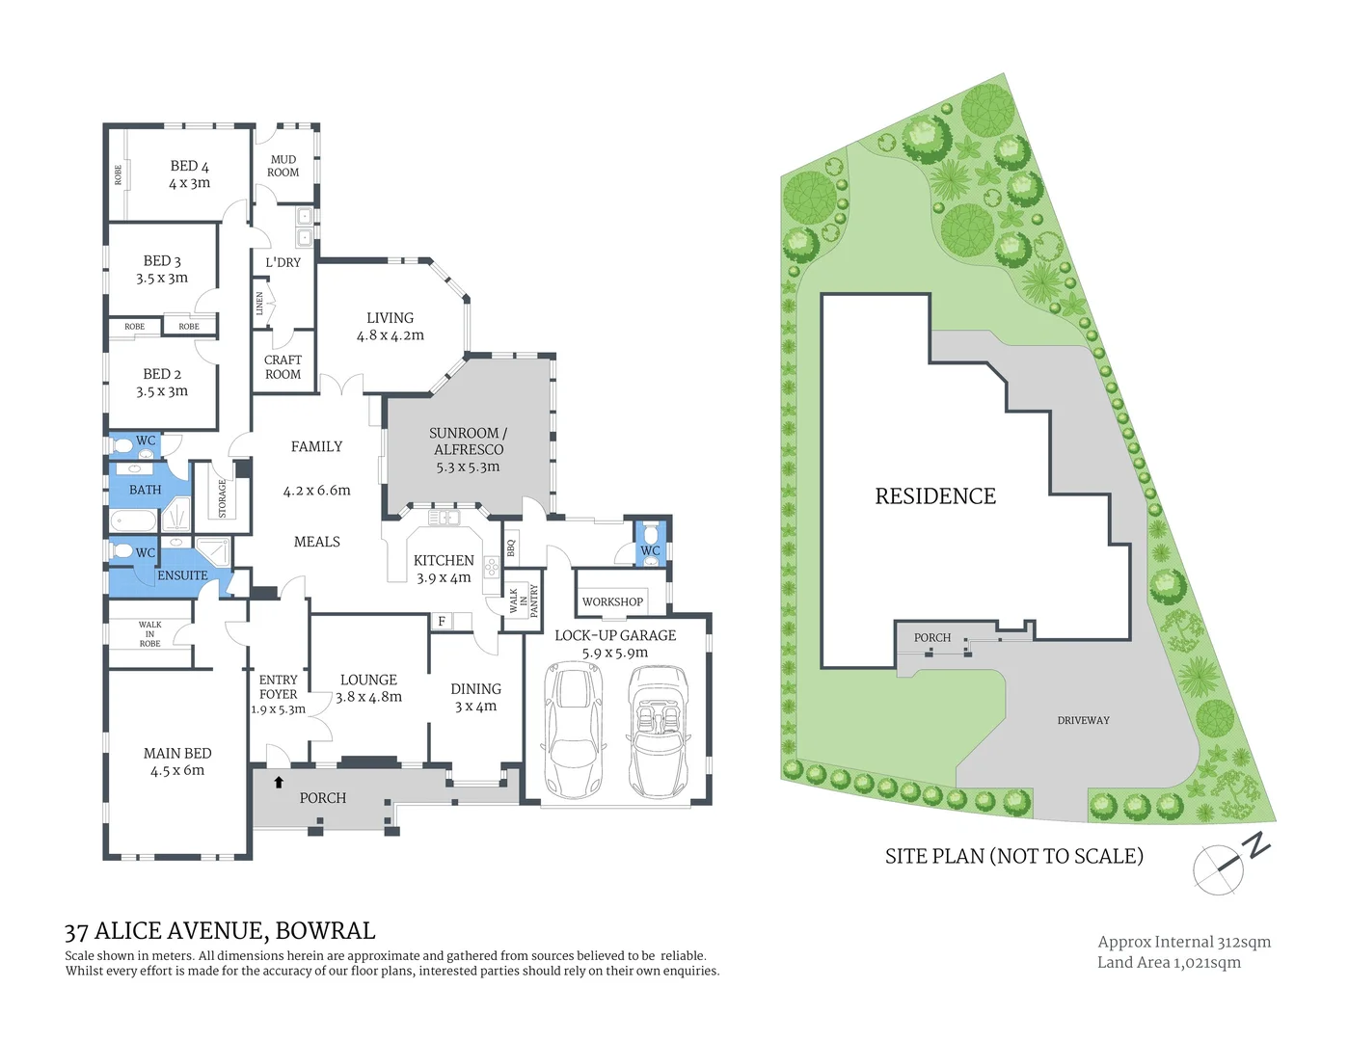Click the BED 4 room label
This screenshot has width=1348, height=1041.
click(x=189, y=166)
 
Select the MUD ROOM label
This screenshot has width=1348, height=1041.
click(x=283, y=166)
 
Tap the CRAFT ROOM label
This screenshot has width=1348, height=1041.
click(x=283, y=367)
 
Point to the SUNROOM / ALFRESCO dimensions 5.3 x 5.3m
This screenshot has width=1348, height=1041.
click(x=468, y=467)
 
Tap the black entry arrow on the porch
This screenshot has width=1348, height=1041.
click(x=279, y=783)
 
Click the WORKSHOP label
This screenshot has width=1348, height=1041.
click(x=612, y=601)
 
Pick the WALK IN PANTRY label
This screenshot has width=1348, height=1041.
click(x=523, y=601)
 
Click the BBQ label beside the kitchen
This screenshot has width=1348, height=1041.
click(x=511, y=548)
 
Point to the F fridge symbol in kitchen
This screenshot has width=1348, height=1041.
click(x=442, y=622)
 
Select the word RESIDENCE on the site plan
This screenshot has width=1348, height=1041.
click(x=934, y=496)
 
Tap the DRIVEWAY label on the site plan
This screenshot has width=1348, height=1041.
click(x=1083, y=720)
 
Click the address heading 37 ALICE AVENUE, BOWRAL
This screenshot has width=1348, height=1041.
click(x=220, y=931)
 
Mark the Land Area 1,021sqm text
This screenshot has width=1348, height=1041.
click(x=1169, y=962)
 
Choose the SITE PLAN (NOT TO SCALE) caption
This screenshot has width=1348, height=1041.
click(x=1013, y=856)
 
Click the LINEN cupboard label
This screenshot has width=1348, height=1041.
click(x=259, y=305)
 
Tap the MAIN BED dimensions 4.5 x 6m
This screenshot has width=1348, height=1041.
click(x=176, y=770)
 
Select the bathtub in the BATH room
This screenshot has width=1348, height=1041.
click(x=133, y=521)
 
